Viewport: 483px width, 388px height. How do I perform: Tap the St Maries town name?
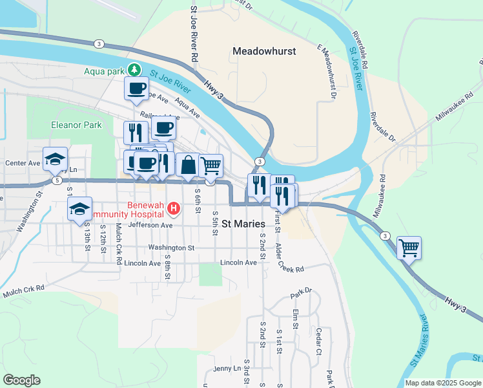tap(244, 224)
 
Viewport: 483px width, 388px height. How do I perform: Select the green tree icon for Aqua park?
tap(134, 69)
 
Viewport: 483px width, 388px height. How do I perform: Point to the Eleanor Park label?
tap(77, 124)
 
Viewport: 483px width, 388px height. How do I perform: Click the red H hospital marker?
tap(173, 208)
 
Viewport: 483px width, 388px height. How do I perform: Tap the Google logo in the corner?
tap(21, 380)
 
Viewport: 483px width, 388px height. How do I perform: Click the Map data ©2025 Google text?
tap(442, 383)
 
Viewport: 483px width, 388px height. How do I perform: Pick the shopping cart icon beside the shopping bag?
tap(211, 166)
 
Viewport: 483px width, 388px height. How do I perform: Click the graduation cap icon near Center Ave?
tap(56, 158)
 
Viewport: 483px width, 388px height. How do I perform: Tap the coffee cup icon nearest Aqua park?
tap(136, 88)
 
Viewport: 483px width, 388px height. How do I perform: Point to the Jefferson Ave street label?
tap(150, 226)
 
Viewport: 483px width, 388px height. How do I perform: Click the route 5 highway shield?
tap(57, 180)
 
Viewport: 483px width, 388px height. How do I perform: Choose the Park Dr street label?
tap(301, 292)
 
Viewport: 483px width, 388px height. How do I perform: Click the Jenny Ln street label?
tap(227, 369)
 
